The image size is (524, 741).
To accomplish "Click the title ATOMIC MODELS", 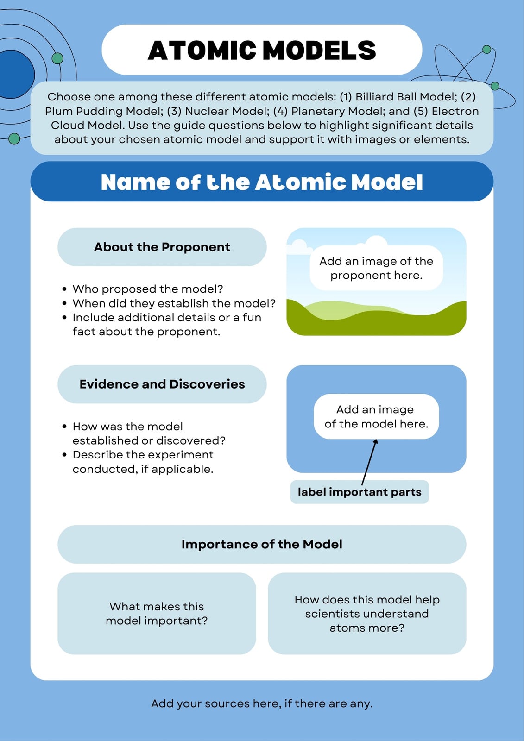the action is pyautogui.click(x=262, y=50).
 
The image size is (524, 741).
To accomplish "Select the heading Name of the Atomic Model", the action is pyautogui.click(x=262, y=182).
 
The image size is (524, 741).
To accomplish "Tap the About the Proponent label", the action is pyautogui.click(x=162, y=247).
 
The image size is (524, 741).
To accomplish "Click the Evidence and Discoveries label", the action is pyautogui.click(x=162, y=384).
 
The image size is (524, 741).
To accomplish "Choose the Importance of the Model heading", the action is pyautogui.click(x=262, y=544).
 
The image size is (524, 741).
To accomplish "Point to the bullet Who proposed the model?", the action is pyautogui.click(x=148, y=289).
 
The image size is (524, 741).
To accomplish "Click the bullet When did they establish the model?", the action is pyautogui.click(x=174, y=303).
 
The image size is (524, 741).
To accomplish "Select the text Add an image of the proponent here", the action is pyautogui.click(x=376, y=268).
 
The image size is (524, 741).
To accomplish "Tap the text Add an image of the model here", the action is pyautogui.click(x=376, y=416).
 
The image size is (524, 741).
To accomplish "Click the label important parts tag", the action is pyautogui.click(x=360, y=492).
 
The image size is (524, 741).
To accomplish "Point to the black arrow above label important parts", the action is pyautogui.click(x=369, y=462).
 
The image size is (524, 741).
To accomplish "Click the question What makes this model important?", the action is pyautogui.click(x=157, y=613).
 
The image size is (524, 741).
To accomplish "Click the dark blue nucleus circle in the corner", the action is pyautogui.click(x=13, y=75).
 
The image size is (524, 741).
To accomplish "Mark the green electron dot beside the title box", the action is pyautogui.click(x=57, y=58).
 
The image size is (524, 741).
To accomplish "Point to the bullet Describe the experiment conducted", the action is pyautogui.click(x=143, y=462).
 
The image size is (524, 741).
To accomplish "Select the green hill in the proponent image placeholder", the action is pyautogui.click(x=376, y=322).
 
